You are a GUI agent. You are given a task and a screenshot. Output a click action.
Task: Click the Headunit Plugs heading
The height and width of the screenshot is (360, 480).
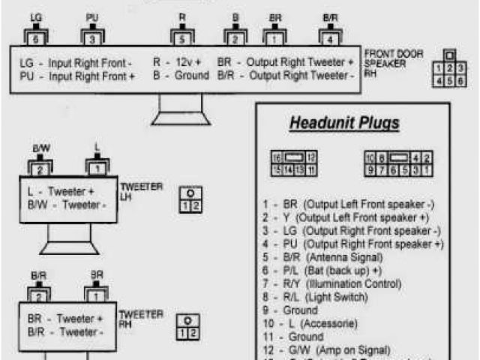344,123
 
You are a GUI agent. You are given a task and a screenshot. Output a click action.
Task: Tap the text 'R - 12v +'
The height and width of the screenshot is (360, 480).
178,62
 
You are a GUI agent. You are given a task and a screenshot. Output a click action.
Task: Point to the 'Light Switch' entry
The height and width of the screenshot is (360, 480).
338,297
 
